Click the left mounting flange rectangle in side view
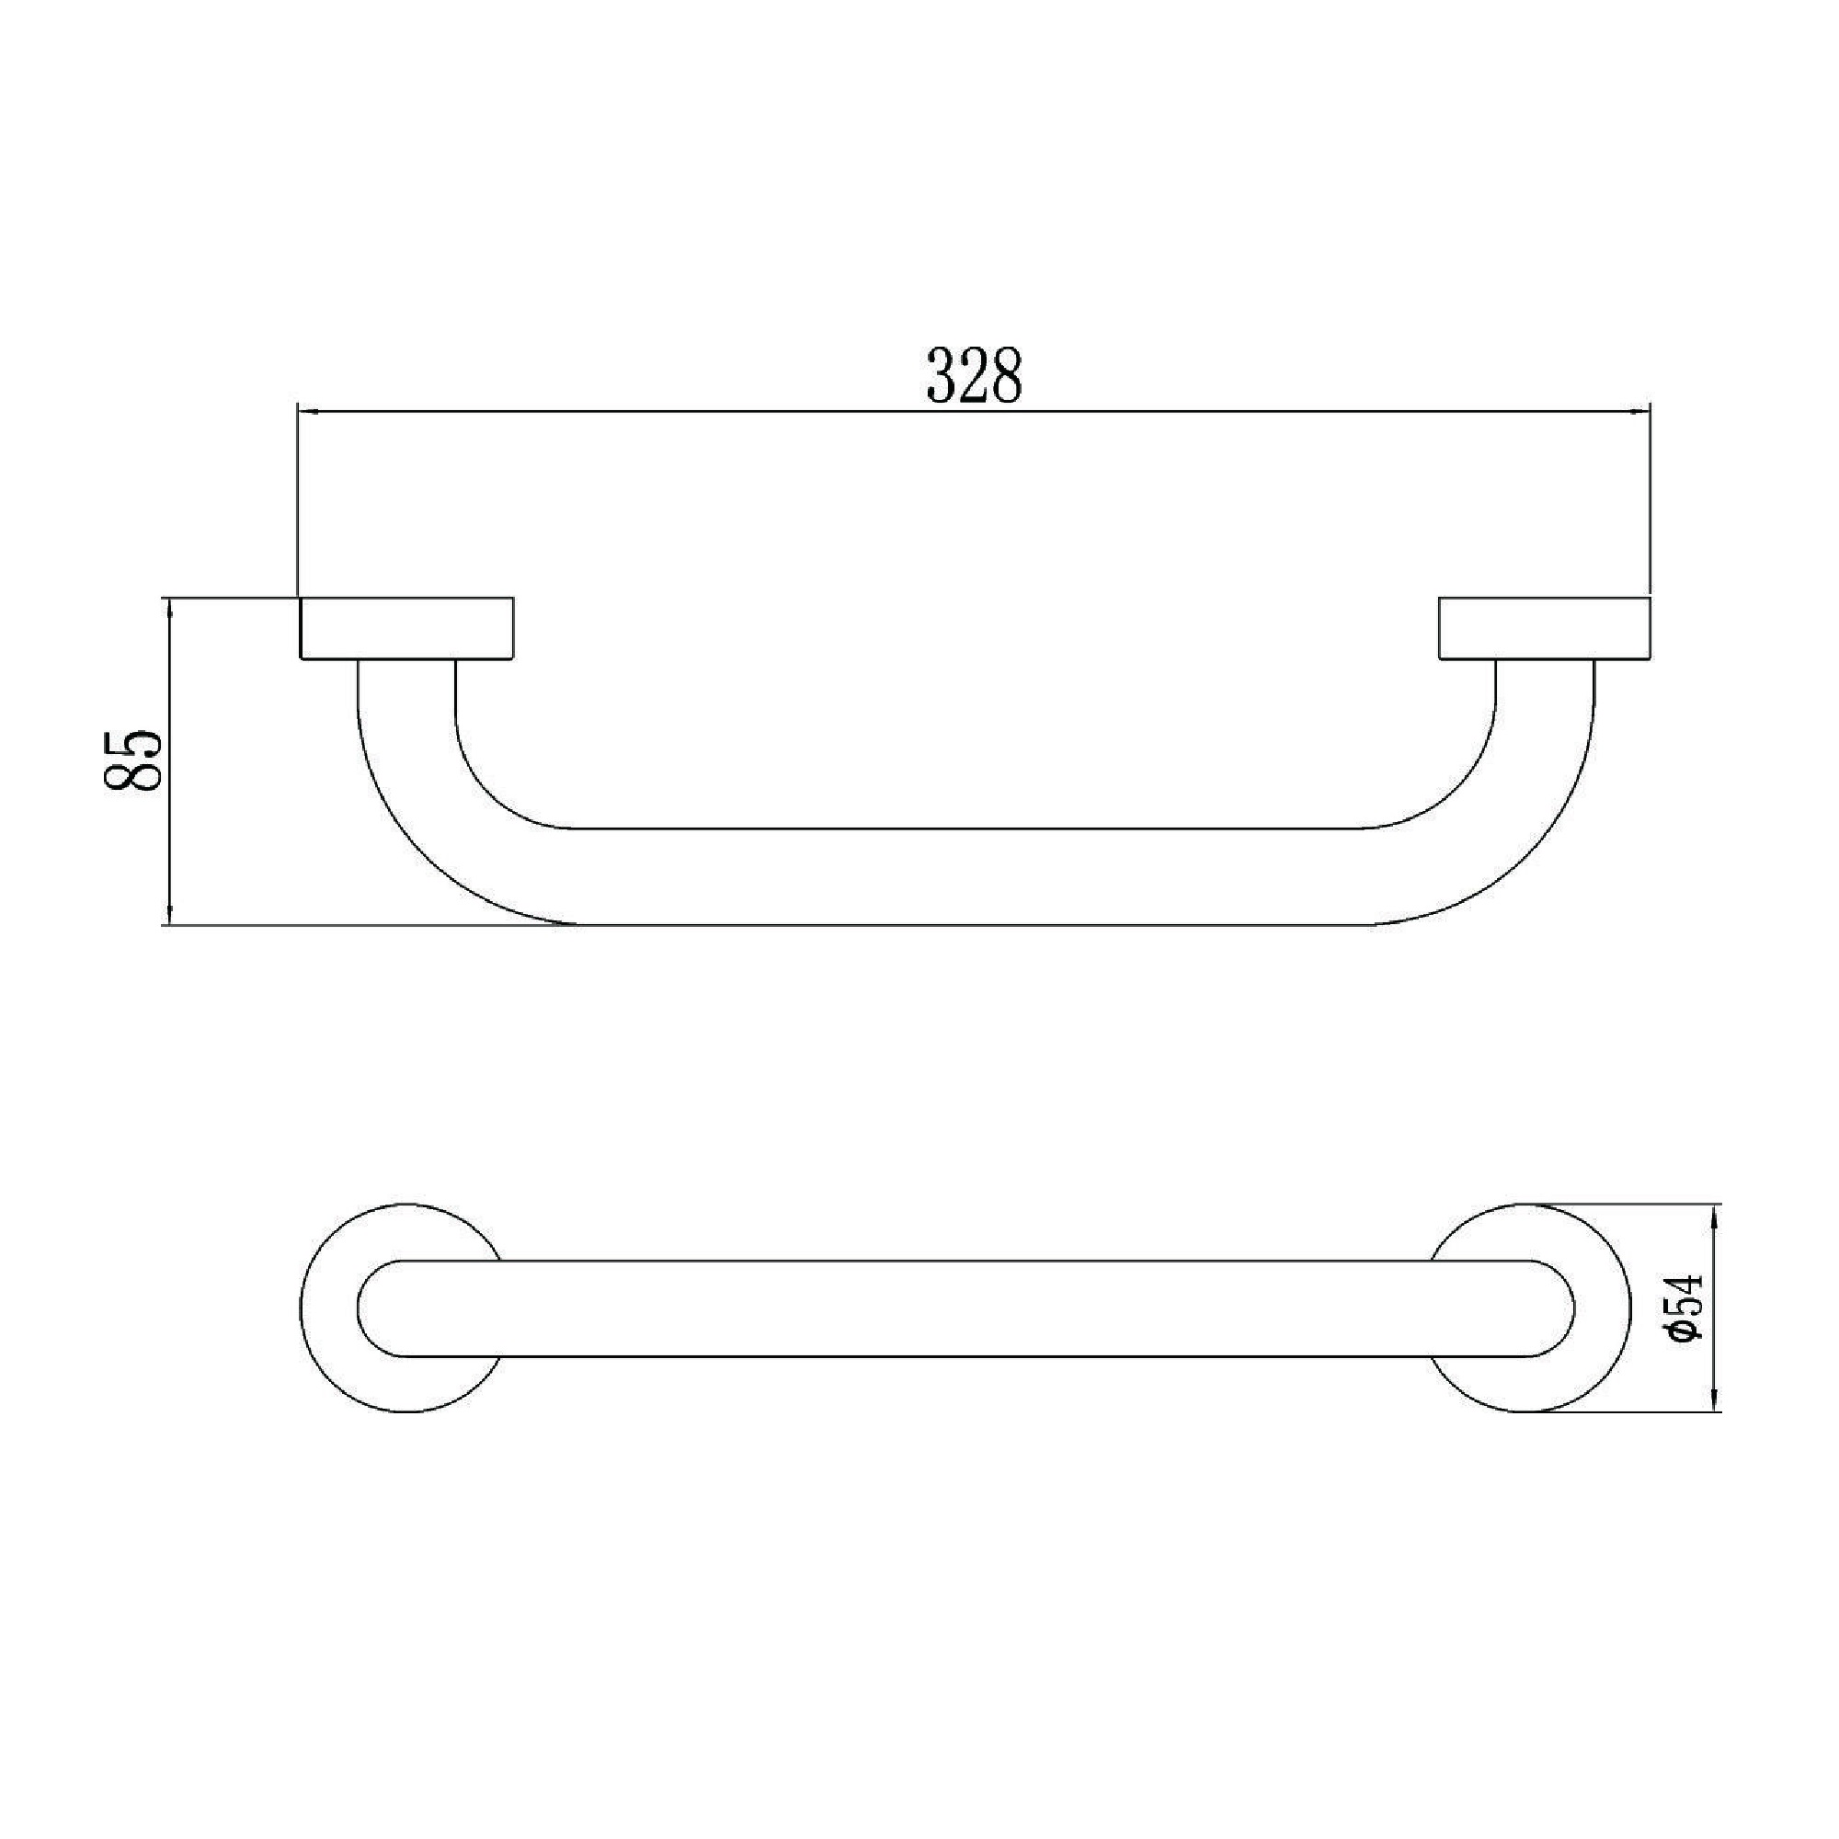[x=406, y=627]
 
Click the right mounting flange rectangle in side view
[x=1545, y=627]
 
